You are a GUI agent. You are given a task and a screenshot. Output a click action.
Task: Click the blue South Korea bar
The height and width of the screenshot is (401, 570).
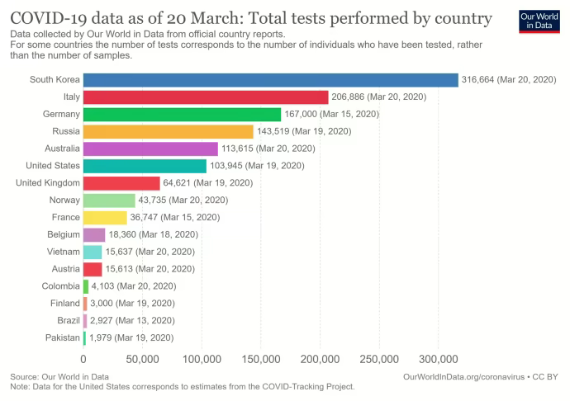tap(270, 80)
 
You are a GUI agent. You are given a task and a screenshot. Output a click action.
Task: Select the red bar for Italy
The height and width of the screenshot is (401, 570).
tap(206, 97)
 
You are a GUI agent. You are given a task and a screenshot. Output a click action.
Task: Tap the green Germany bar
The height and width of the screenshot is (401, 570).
tap(182, 114)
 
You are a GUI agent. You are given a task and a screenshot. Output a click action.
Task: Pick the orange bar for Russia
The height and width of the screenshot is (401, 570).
tap(168, 131)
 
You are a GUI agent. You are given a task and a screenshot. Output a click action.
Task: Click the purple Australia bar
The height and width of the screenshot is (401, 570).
tap(150, 149)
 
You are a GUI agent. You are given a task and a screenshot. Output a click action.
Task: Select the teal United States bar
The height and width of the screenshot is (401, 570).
tap(145, 166)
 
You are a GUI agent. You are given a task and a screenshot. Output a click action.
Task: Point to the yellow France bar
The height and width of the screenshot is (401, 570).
tap(105, 217)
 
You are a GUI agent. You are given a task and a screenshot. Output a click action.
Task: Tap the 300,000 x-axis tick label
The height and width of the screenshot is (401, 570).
tap(439, 360)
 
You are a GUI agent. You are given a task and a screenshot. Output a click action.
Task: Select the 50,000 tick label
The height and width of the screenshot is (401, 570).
tap(142, 360)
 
